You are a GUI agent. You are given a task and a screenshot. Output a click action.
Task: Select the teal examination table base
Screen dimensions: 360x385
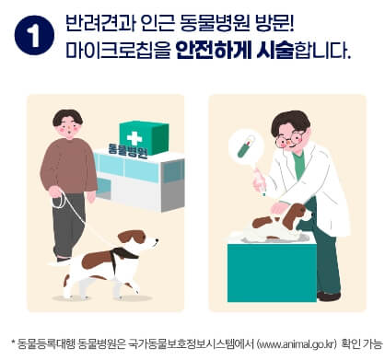pos(272,273)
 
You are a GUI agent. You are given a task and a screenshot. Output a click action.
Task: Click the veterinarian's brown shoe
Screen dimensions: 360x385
pos(329,296)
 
